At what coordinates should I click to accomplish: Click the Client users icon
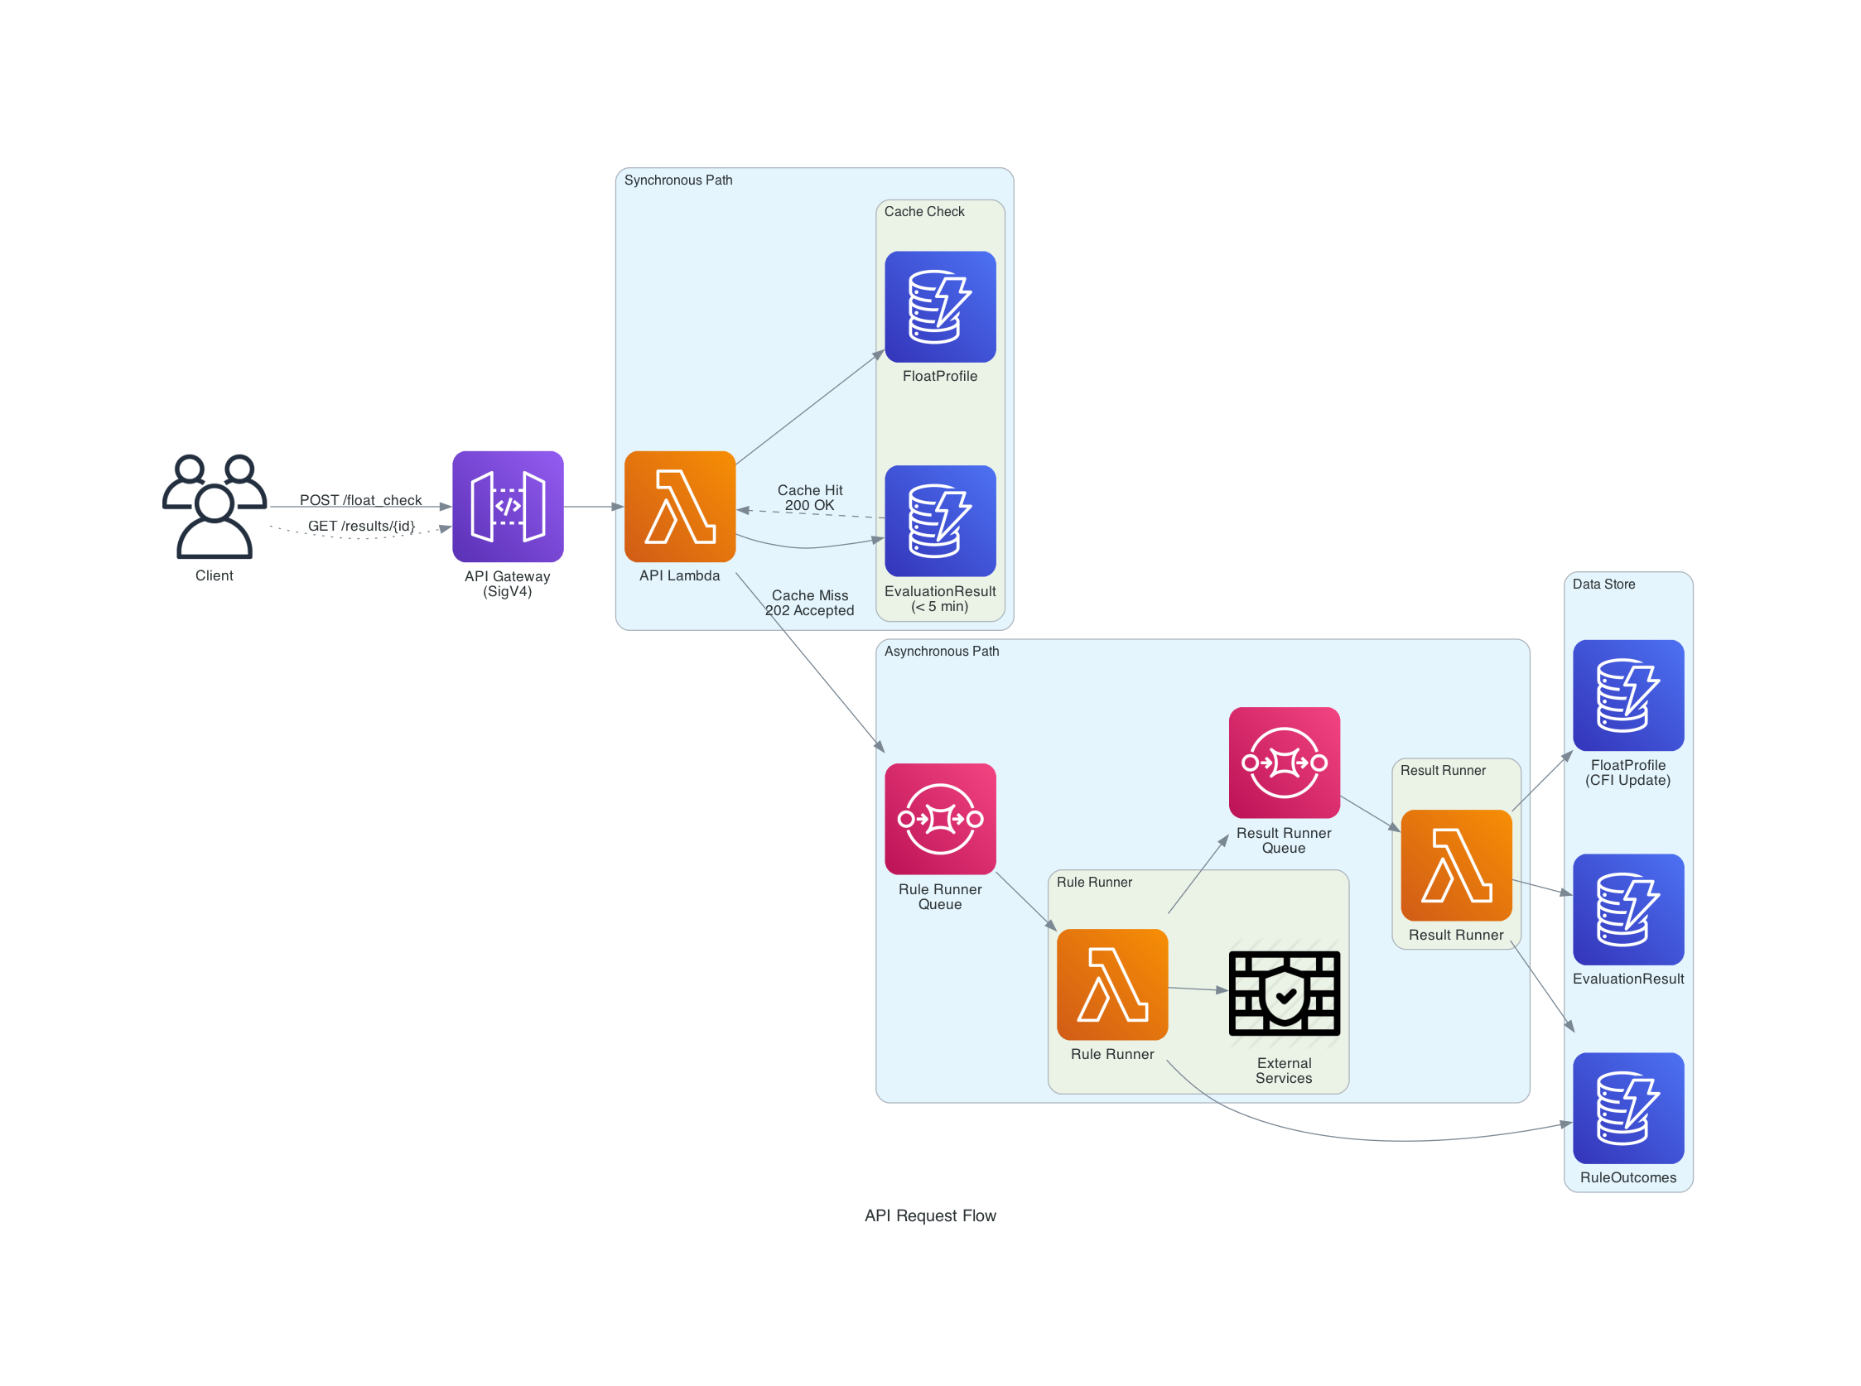(x=214, y=506)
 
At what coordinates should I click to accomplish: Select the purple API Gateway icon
(x=507, y=506)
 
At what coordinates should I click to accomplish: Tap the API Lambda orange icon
(x=679, y=506)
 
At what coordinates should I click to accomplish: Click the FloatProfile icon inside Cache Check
(x=939, y=306)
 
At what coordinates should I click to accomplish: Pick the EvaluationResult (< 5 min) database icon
(x=939, y=520)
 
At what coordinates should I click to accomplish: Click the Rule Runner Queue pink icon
(x=939, y=818)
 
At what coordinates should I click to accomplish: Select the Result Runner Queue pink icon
(x=1283, y=762)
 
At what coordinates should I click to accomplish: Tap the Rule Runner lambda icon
(x=1111, y=984)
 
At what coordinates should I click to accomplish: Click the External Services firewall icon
(x=1283, y=992)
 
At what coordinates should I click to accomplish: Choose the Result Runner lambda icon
(x=1455, y=864)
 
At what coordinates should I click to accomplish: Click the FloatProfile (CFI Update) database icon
(x=1627, y=695)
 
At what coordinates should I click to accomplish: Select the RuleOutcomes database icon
(x=1627, y=1108)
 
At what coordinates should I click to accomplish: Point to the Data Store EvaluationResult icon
(x=1627, y=908)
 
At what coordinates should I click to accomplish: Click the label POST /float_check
(x=361, y=500)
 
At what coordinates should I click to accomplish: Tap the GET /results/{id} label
(x=361, y=526)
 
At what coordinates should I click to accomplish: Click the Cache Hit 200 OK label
(x=809, y=498)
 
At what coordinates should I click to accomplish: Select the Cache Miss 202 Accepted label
(x=809, y=603)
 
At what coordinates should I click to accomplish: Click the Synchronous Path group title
(x=677, y=180)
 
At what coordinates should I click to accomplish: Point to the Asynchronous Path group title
(x=941, y=651)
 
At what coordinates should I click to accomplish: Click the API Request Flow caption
(x=929, y=1215)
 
